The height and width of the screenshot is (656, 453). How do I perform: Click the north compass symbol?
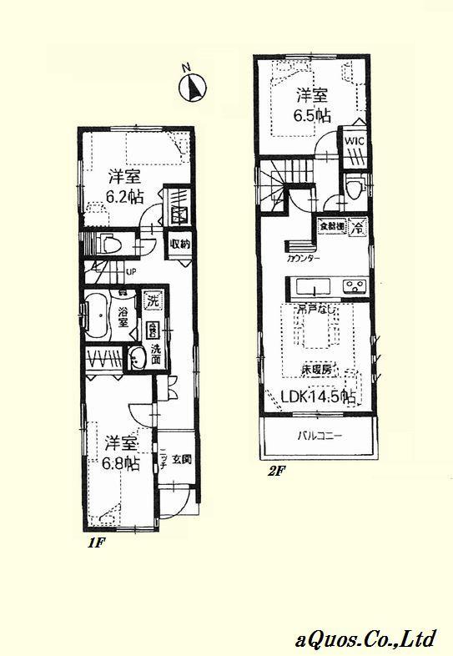click(x=194, y=86)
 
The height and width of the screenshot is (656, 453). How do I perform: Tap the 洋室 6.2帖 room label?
click(x=123, y=187)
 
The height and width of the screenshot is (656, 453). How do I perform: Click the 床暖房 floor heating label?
click(x=318, y=368)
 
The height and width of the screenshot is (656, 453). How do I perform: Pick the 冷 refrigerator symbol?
click(x=356, y=225)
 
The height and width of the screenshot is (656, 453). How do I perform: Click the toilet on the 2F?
click(x=355, y=189)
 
